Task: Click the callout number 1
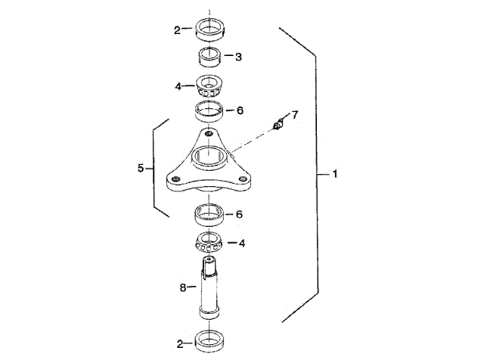[335, 174]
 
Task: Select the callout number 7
[295, 115]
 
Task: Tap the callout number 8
[183, 287]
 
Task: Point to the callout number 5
[141, 168]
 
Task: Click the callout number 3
[238, 57]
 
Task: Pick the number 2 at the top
[177, 30]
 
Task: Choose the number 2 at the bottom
[180, 344]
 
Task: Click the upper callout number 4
[178, 86]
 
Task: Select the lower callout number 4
[242, 244]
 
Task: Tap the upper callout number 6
[240, 110]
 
